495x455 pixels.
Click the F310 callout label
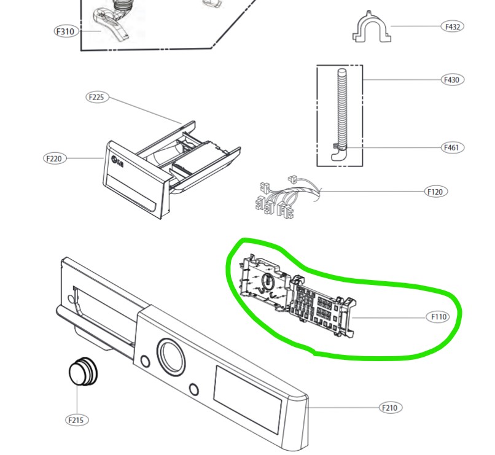[x=66, y=31]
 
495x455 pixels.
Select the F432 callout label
[x=453, y=27]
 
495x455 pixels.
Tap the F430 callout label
[x=453, y=79]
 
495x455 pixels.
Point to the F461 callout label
[x=453, y=147]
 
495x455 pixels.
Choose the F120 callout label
[x=435, y=192]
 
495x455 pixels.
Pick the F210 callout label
[x=391, y=408]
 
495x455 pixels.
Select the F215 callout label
[x=77, y=420]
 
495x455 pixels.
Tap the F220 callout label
[x=55, y=158]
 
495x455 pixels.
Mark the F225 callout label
[x=97, y=97]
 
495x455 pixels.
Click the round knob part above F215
[x=83, y=371]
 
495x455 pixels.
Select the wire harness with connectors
[x=287, y=197]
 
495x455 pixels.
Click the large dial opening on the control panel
[x=171, y=357]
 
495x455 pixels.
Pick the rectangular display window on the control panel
[x=247, y=400]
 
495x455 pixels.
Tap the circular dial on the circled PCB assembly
[x=268, y=281]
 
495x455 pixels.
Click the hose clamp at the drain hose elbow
[x=340, y=147]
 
